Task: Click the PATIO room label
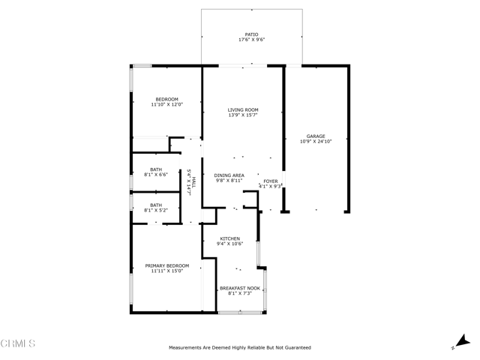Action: click(251, 34)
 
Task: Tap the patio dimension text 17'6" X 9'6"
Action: click(251, 40)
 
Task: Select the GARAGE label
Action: click(316, 136)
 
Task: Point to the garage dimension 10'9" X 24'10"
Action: click(316, 142)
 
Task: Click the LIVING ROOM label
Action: click(243, 110)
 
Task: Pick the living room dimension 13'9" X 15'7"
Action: click(243, 115)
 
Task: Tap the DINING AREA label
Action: click(229, 175)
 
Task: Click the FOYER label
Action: click(271, 181)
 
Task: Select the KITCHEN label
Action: click(230, 238)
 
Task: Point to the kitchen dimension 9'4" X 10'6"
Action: click(230, 244)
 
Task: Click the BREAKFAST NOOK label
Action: click(240, 288)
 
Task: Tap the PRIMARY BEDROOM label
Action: click(166, 265)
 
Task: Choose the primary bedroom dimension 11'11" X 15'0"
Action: click(166, 271)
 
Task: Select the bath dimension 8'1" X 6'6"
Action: click(156, 175)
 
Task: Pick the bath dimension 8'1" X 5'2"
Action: click(156, 210)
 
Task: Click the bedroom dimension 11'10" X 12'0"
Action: click(166, 104)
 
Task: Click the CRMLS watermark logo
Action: click(18, 343)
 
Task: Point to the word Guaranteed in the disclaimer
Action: click(298, 348)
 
